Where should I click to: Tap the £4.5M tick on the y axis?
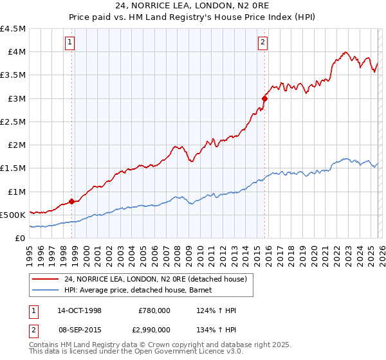(x=14, y=29)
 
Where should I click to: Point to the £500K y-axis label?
(x=13, y=215)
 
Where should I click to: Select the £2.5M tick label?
(x=14, y=122)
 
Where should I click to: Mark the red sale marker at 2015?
(x=264, y=99)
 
